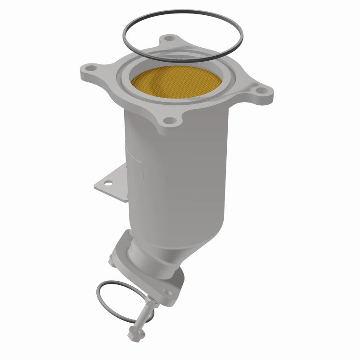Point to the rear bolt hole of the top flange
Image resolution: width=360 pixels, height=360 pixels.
click(169, 39)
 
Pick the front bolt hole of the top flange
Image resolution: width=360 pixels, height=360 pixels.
click(168, 120)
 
